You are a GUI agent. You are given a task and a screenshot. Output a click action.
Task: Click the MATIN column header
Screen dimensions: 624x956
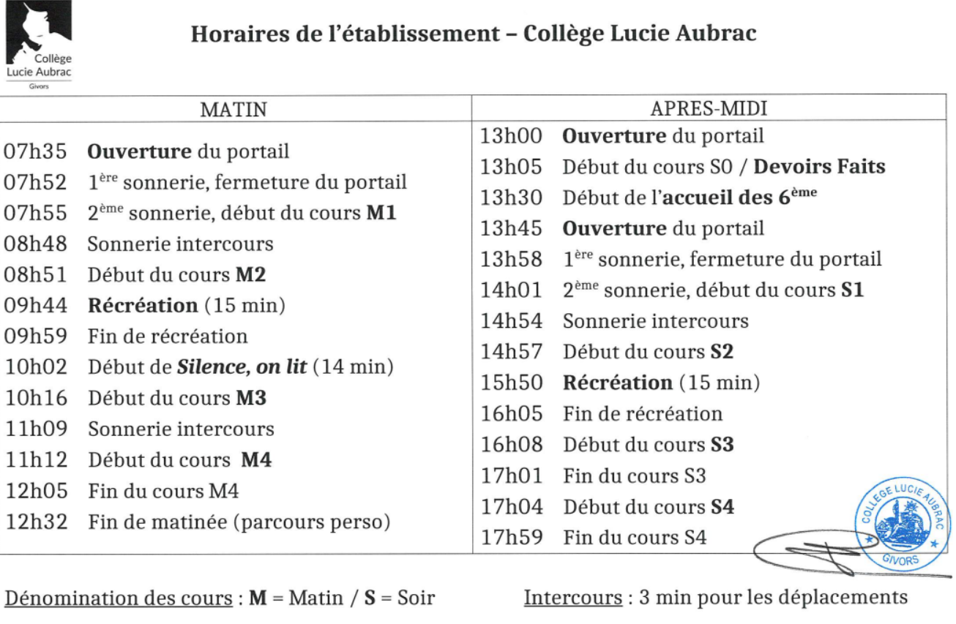(x=234, y=110)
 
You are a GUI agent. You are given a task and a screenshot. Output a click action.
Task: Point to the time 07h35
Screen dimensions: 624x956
(x=35, y=151)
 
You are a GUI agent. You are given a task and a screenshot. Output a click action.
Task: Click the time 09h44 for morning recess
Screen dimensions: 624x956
(x=35, y=305)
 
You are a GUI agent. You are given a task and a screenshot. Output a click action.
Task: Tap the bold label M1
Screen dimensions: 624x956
(x=381, y=213)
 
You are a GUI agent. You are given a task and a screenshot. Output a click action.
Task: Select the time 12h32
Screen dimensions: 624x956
(x=35, y=522)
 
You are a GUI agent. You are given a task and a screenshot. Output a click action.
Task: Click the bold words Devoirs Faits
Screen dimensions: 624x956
(x=819, y=167)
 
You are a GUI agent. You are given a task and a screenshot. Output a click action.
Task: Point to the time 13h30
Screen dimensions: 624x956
(x=511, y=198)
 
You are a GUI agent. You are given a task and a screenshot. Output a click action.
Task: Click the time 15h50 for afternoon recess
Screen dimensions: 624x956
(x=511, y=383)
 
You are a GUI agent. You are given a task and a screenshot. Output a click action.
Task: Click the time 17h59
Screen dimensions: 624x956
(x=511, y=538)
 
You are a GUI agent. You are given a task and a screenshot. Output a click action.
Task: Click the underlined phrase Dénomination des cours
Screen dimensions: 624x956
(x=121, y=598)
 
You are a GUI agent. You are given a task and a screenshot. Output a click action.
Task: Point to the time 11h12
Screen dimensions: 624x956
(x=35, y=460)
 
